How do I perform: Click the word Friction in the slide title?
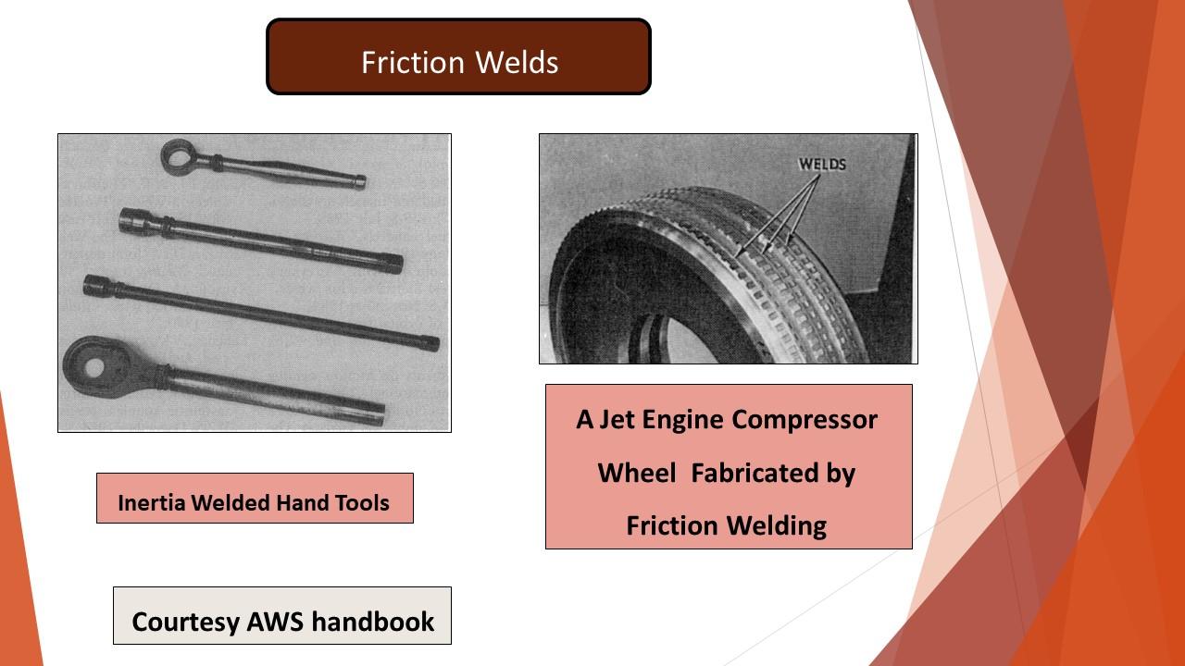[413, 62]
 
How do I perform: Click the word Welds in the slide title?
[517, 62]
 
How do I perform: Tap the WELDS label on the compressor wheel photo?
[822, 165]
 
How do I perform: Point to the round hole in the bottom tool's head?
[94, 367]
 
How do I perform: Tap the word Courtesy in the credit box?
[185, 623]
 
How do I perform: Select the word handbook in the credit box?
[372, 621]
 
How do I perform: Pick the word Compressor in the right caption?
[805, 421]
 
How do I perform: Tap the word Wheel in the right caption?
[637, 473]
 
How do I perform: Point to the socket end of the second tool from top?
[139, 221]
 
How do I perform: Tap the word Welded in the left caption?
[231, 502]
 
